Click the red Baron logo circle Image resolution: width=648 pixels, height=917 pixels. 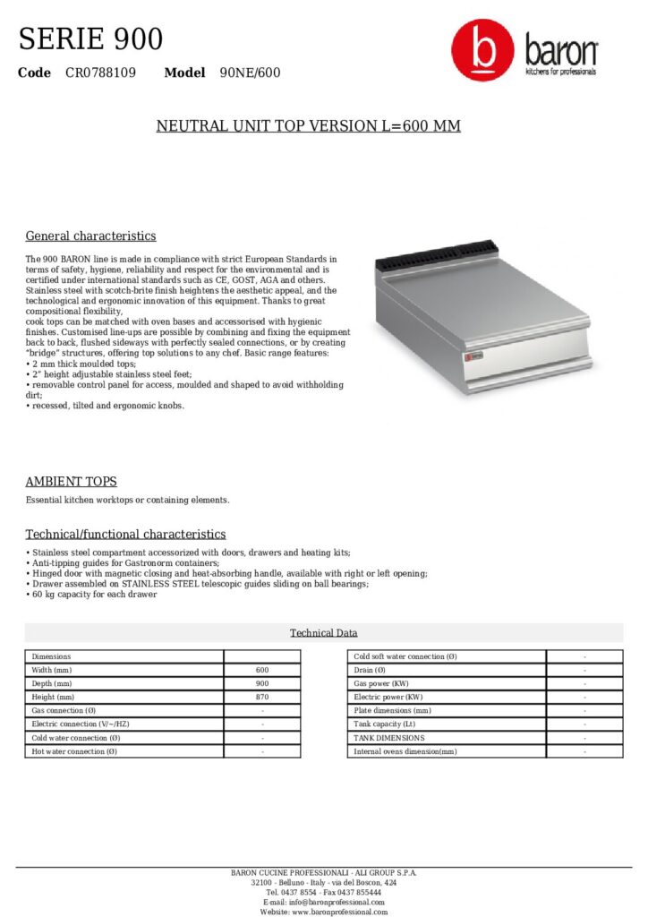(x=482, y=51)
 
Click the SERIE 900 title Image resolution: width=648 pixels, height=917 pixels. (x=90, y=39)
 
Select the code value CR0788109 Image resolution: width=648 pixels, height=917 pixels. (x=100, y=73)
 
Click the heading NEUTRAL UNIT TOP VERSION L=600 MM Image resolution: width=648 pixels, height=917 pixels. (x=309, y=126)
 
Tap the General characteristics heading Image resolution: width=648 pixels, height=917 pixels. (x=90, y=236)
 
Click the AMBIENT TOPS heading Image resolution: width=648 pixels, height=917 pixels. (x=71, y=482)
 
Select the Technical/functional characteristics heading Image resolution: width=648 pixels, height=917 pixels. (x=125, y=535)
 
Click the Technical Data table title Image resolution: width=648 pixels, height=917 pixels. (x=323, y=633)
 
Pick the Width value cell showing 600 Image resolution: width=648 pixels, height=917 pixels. (x=261, y=670)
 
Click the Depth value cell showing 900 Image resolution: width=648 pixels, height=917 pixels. (x=261, y=683)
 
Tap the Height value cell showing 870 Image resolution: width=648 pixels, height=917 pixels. (x=261, y=697)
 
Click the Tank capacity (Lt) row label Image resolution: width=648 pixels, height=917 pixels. (x=385, y=724)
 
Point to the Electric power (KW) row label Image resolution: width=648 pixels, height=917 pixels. (x=388, y=697)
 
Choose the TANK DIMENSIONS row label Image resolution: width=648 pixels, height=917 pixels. (x=389, y=738)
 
